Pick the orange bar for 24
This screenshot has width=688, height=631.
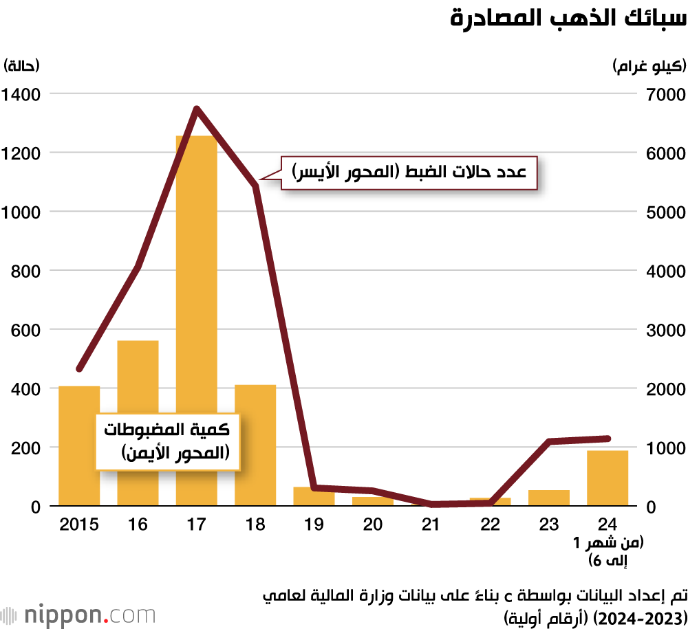[x=608, y=478]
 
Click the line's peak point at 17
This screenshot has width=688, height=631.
[x=197, y=109]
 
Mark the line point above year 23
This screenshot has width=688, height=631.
[x=549, y=441]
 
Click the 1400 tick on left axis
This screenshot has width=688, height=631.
[x=21, y=93]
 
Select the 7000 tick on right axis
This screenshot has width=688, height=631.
[x=666, y=93]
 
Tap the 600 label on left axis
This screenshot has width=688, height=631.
[x=26, y=330]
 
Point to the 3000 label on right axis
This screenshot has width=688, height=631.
[x=666, y=330]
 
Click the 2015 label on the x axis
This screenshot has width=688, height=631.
[x=79, y=525]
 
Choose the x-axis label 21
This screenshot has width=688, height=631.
[x=431, y=525]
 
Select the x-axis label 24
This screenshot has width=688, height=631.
[x=608, y=525]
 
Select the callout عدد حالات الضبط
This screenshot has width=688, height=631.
[x=409, y=173]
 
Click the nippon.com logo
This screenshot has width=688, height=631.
[x=78, y=614]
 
